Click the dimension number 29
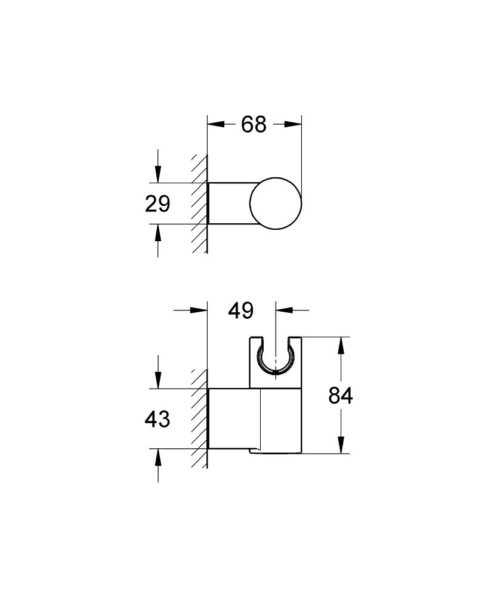pyautogui.click(x=158, y=204)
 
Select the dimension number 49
pyautogui.click(x=241, y=310)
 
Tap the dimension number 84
pyautogui.click(x=341, y=396)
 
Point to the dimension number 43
pyautogui.click(x=158, y=419)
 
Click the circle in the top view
pyautogui.click(x=276, y=203)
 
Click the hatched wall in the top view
pyautogui.click(x=199, y=203)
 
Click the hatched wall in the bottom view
pyautogui.click(x=199, y=418)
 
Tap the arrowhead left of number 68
pyautogui.click(x=215, y=124)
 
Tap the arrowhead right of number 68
pyautogui.click(x=293, y=124)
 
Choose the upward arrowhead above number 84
pyautogui.click(x=341, y=346)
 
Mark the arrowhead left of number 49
pyautogui.click(x=198, y=310)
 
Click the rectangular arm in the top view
pyautogui.click(x=230, y=203)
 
